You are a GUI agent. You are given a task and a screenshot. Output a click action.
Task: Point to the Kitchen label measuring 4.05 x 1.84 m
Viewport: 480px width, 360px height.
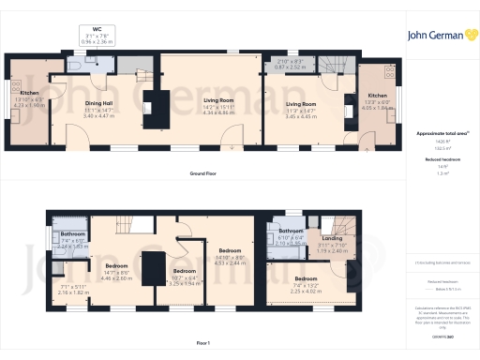pos(376,96)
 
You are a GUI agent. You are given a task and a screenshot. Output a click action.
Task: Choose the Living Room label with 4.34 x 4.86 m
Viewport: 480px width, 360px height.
pos(210,107)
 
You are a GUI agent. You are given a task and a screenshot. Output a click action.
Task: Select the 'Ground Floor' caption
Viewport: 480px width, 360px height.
pos(202,174)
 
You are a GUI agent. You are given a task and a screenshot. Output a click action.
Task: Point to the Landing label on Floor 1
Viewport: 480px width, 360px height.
pos(332,238)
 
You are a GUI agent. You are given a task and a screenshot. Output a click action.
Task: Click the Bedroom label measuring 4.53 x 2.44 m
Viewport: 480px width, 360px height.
pos(230,251)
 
